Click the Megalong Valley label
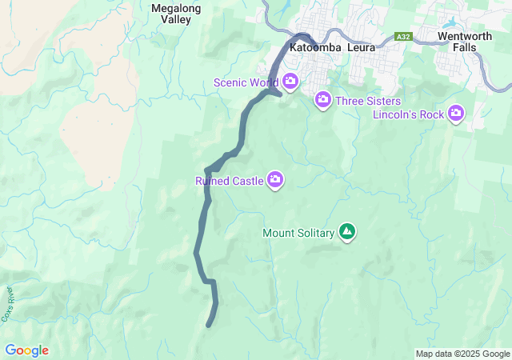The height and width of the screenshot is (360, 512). pos(171,14)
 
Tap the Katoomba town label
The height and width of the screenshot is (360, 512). pos(315,47)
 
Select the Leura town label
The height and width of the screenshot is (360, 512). pos(358,47)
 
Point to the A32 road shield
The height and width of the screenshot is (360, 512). pos(404,37)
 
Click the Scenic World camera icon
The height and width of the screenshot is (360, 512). pos(290,82)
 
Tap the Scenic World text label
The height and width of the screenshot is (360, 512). pos(246,82)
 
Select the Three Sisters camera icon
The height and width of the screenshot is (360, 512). pos(323,100)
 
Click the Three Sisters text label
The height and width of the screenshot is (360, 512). pos(368,101)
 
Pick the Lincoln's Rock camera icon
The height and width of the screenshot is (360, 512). pos(456,114)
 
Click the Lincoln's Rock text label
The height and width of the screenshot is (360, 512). pos(408,115)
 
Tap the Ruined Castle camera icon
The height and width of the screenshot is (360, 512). pos(276,180)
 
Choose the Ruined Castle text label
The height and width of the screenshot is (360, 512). pos(230,182)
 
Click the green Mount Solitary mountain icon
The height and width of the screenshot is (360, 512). pos(347,232)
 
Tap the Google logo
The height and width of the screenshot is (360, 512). pos(26,350)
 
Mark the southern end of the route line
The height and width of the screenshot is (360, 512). pos(209,325)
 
